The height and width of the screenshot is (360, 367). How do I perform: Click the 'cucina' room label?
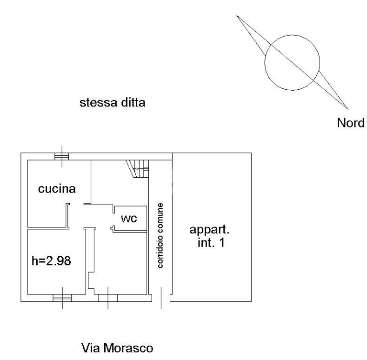click(x=57, y=188)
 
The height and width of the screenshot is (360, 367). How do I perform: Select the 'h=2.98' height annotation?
click(x=51, y=261)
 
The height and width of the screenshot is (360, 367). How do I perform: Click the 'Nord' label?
click(x=350, y=123)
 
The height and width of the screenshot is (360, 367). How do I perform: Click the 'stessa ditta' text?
click(x=113, y=102)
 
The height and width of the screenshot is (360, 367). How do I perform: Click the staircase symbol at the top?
click(x=138, y=169)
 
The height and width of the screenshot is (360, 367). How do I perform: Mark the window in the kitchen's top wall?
click(x=61, y=157)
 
